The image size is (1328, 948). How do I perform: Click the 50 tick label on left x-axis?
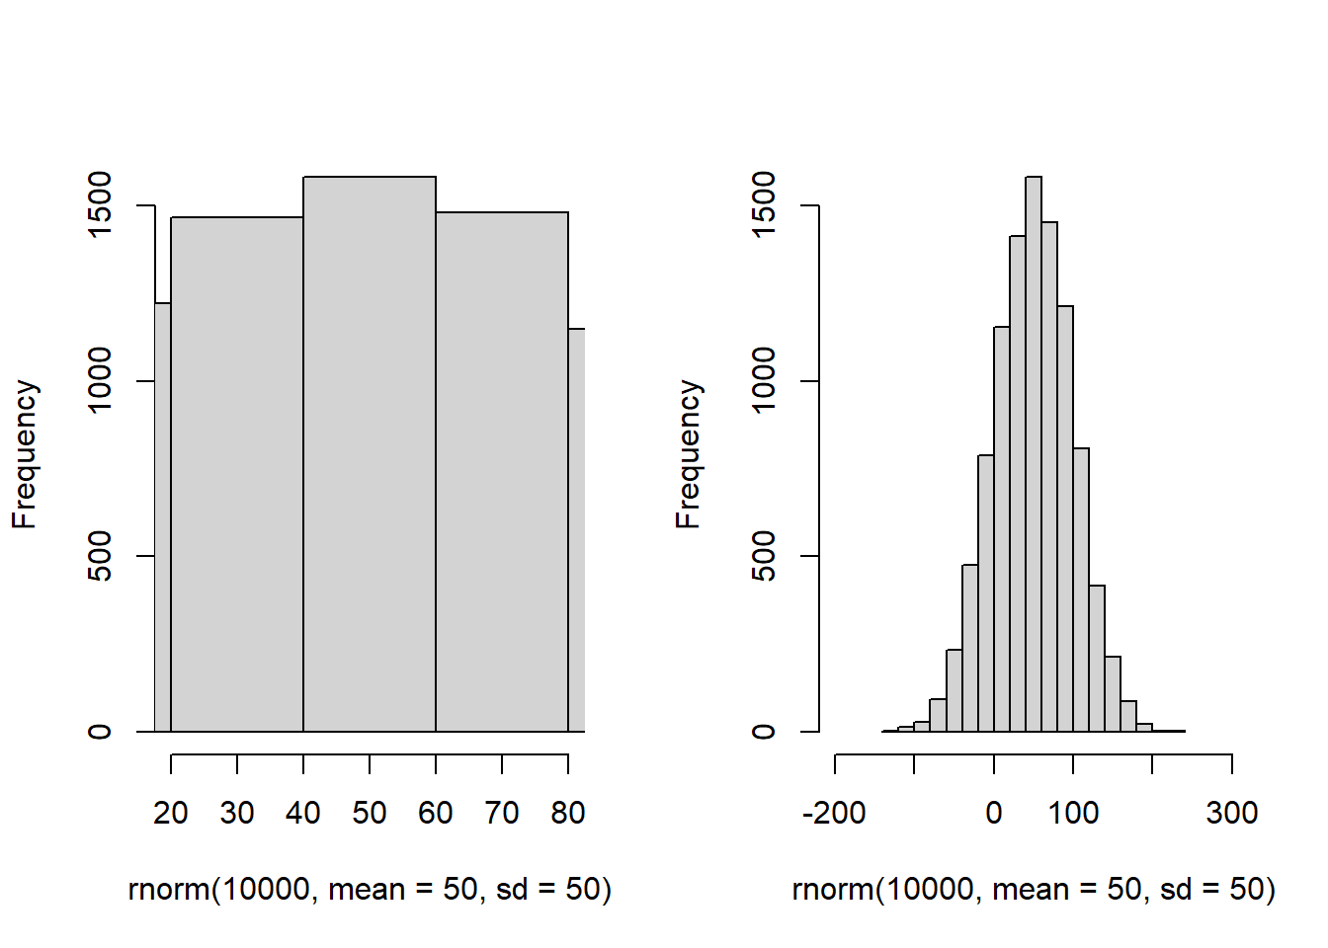tap(370, 813)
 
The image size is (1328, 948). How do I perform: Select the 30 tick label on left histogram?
tap(237, 813)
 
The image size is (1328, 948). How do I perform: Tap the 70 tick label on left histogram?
tap(502, 813)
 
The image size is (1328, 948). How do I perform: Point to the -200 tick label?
tap(835, 813)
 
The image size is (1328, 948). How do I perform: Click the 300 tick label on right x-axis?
tap(1232, 813)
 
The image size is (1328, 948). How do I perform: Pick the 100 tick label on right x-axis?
tap(1073, 813)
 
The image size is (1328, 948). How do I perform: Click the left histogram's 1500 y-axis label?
tap(100, 205)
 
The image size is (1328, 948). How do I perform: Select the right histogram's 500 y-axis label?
tap(764, 556)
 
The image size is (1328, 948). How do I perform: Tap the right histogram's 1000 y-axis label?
tap(764, 380)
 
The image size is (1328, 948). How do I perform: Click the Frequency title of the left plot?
tap(25, 454)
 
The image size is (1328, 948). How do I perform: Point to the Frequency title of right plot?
tap(689, 454)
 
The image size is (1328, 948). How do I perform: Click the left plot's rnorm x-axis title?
tap(370, 890)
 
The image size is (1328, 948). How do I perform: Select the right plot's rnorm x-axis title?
tap(1034, 890)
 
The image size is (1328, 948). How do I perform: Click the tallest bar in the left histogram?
tap(370, 454)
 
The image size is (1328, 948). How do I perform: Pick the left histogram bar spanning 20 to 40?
tap(237, 474)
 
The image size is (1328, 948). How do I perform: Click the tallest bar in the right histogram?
tap(1034, 454)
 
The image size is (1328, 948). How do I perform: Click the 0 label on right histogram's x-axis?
tap(994, 813)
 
